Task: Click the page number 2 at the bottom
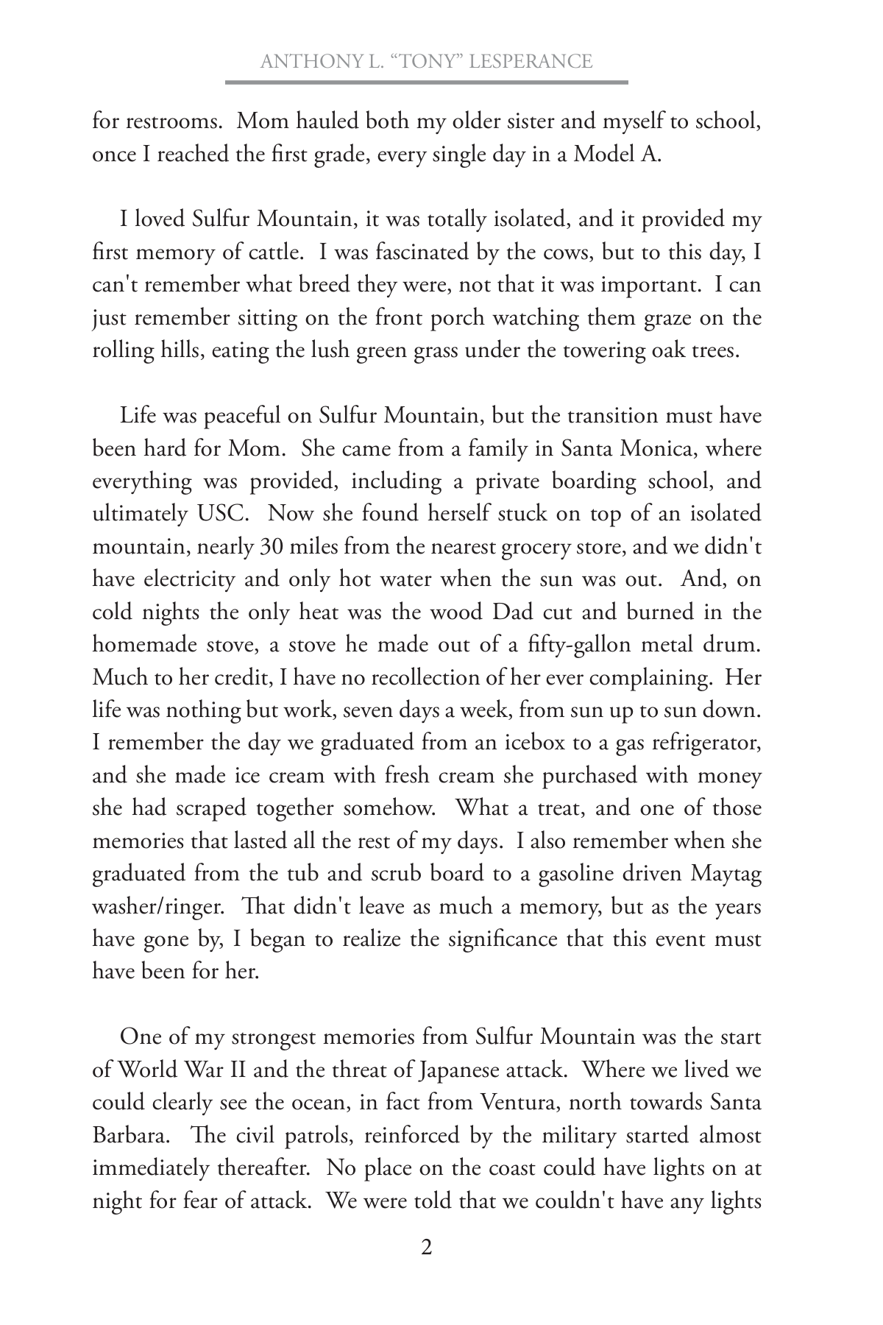coord(426,1248)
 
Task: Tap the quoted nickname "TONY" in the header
coord(433,61)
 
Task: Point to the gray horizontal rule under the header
coord(426,82)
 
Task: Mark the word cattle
coord(273,252)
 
